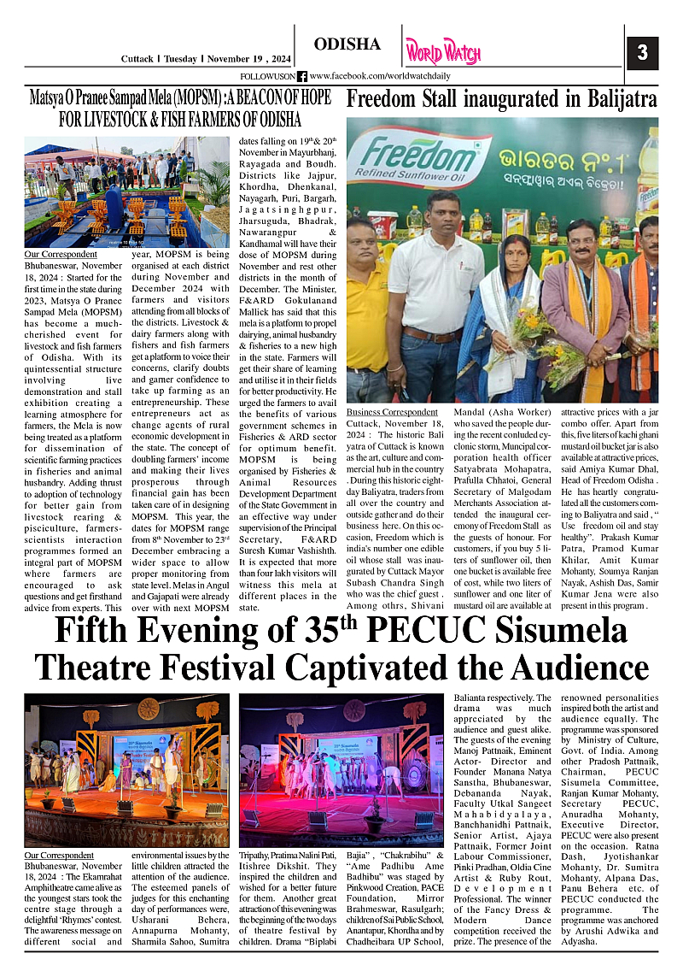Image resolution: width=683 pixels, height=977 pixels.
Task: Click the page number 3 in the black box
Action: [x=642, y=53]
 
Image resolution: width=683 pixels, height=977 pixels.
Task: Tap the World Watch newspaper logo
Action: [x=443, y=51]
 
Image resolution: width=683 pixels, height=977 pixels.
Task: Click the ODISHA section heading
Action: [x=347, y=44]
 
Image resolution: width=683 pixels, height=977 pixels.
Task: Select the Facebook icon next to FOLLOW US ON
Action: [x=302, y=76]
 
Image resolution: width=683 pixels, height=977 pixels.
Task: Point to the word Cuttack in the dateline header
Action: [x=137, y=59]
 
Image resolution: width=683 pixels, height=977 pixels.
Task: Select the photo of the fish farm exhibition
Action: [x=127, y=193]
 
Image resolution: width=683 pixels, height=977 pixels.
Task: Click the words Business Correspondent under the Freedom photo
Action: [x=392, y=412]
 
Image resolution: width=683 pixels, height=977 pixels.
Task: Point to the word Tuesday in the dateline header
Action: [x=180, y=59]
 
